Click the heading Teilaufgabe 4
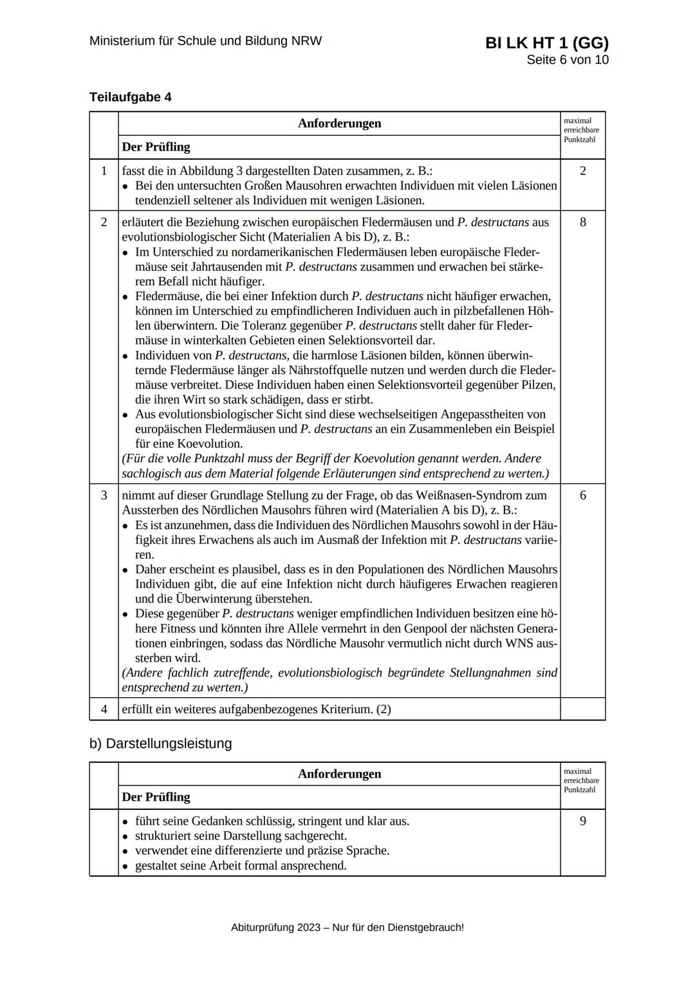(131, 97)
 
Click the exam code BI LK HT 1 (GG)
(546, 43)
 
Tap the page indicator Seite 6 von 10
(567, 60)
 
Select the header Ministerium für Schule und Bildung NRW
(205, 41)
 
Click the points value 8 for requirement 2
(582, 223)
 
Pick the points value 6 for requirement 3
(582, 496)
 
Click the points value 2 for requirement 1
(582, 171)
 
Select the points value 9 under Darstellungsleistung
(582, 821)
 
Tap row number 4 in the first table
(104, 709)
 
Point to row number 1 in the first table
(104, 171)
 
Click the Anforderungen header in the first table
(339, 124)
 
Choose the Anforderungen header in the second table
(339, 774)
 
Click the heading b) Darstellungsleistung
(160, 744)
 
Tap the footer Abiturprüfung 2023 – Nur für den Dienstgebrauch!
(347, 928)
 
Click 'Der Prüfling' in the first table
(156, 147)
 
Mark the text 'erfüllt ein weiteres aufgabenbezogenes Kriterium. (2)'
(256, 709)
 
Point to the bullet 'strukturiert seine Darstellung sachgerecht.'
(241, 836)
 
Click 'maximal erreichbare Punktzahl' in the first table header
(581, 130)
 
